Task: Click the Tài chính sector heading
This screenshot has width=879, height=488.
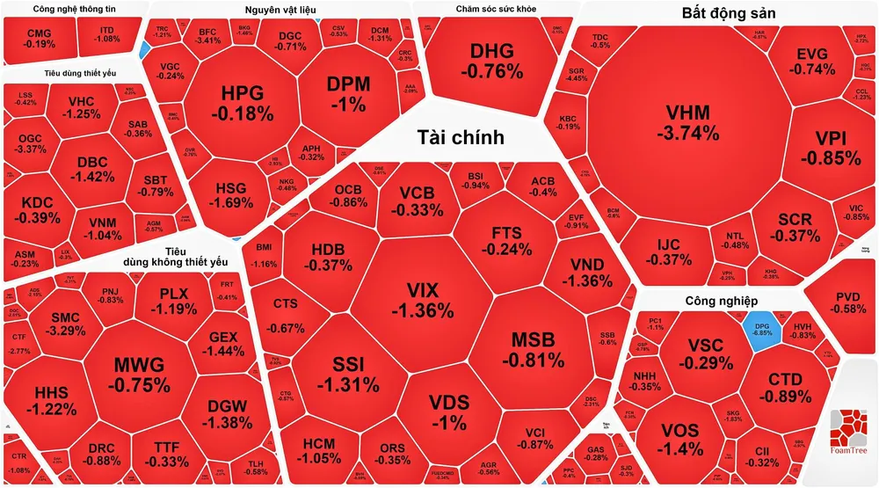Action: [x=461, y=137]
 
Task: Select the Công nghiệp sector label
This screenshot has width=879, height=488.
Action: [x=721, y=302]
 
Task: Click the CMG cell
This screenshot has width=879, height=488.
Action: [x=40, y=38]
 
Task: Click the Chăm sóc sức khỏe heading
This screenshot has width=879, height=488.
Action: [x=497, y=10]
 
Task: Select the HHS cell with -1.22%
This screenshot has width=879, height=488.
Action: [x=44, y=400]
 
